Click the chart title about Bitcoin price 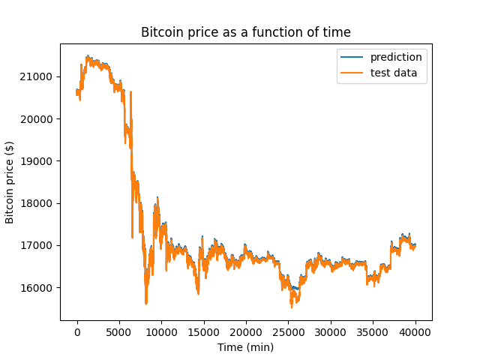click(x=246, y=32)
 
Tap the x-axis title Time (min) click(x=245, y=347)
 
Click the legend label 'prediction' click(x=396, y=57)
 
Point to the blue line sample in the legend click(x=352, y=57)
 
